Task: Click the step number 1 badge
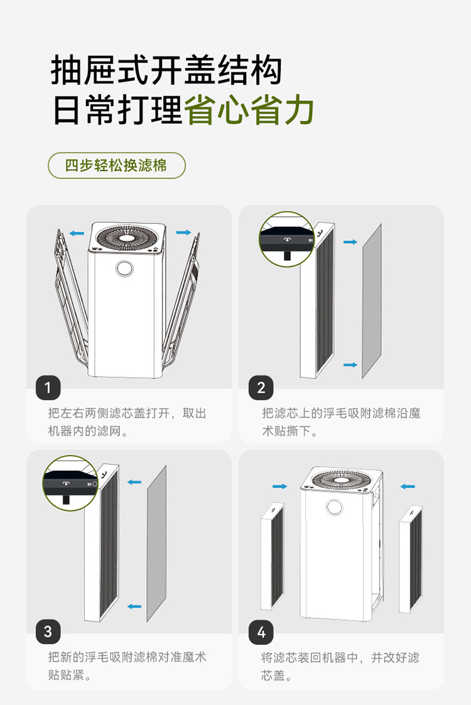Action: [x=48, y=388]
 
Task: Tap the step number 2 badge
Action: [x=261, y=388]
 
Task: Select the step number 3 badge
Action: [x=48, y=631]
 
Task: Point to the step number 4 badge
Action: [x=261, y=631]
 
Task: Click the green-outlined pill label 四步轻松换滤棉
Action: [x=117, y=165]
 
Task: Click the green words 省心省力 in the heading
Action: [x=249, y=111]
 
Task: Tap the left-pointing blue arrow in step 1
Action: [x=77, y=234]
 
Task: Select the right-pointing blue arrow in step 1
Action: [x=183, y=232]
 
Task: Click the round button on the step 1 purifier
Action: [x=124, y=268]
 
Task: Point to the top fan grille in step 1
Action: [x=128, y=238]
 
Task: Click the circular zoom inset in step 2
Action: [x=287, y=239]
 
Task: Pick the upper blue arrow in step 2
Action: [x=350, y=241]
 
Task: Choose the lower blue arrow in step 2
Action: [x=350, y=364]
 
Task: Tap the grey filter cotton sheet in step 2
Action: [x=372, y=300]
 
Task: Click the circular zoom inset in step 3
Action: [x=70, y=483]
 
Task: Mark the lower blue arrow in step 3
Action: [x=134, y=606]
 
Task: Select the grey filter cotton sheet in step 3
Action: [x=156, y=543]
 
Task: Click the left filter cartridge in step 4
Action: [x=272, y=556]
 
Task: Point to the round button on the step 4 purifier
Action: [x=334, y=508]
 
